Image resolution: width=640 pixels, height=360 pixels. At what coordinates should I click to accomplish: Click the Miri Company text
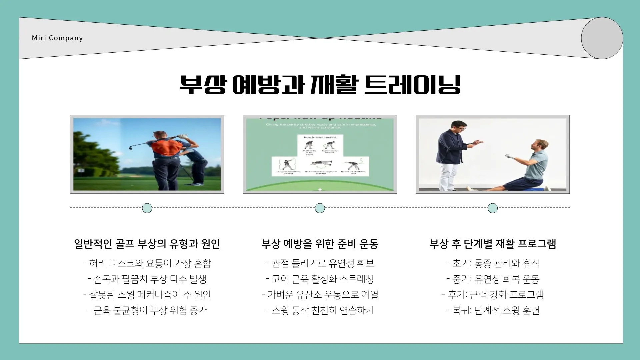57,38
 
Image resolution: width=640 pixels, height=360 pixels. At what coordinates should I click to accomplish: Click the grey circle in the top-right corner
602,38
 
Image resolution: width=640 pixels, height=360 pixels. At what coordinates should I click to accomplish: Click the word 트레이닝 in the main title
412,85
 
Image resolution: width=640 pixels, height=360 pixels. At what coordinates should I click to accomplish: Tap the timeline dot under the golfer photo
147,208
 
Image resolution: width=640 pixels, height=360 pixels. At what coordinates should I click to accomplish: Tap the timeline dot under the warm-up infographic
320,208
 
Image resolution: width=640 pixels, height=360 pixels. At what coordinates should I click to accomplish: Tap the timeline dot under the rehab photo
493,208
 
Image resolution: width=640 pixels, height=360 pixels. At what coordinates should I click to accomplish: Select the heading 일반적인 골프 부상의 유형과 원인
147,244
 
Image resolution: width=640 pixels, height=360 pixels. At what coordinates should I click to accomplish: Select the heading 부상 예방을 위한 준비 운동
320,244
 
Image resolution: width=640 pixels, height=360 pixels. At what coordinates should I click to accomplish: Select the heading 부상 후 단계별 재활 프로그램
493,244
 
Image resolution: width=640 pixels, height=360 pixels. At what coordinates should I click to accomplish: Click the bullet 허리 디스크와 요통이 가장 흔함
147,263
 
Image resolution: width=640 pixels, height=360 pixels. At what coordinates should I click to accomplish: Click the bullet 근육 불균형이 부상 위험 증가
147,310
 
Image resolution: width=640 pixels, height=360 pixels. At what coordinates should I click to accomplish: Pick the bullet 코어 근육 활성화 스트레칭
320,279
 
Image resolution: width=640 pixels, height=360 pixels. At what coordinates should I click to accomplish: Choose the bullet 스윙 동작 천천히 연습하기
320,310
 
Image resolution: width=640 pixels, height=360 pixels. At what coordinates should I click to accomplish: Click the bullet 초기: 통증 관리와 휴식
493,263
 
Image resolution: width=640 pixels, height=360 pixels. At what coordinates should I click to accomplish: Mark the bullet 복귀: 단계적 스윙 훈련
493,310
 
